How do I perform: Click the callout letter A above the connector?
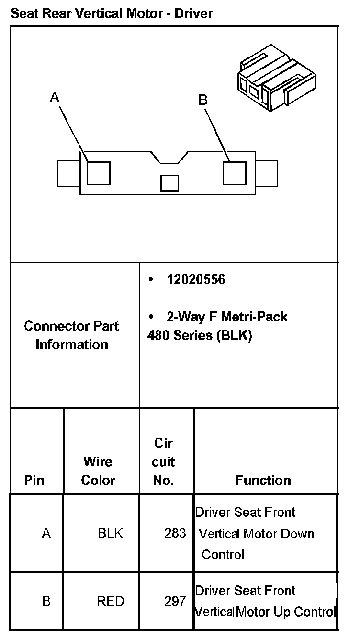(x=55, y=98)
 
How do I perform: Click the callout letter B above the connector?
(x=203, y=100)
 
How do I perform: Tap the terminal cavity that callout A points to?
(x=99, y=173)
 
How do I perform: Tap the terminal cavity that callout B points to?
(x=235, y=172)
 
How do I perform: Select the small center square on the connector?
(x=169, y=183)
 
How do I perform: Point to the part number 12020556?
(x=195, y=280)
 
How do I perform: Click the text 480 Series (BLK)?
(x=200, y=335)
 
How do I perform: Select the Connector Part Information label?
(x=72, y=335)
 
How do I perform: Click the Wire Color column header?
(x=98, y=471)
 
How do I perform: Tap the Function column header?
(x=263, y=480)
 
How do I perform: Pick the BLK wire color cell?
(x=110, y=533)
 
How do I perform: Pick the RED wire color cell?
(x=111, y=601)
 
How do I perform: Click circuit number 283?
(x=175, y=533)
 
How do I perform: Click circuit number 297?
(x=175, y=601)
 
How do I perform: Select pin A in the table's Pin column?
(x=46, y=533)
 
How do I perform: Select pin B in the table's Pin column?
(x=46, y=601)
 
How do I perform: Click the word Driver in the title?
(x=193, y=13)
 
